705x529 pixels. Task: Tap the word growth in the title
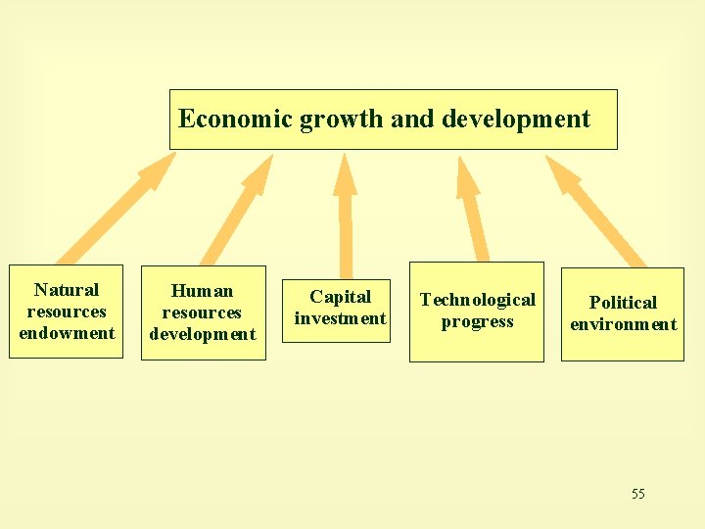(x=342, y=120)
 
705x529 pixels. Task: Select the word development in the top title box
(x=516, y=120)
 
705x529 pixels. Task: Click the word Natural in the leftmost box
(x=67, y=290)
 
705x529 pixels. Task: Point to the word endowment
(x=67, y=333)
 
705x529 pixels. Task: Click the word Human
(x=202, y=291)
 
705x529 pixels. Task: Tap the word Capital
(x=341, y=297)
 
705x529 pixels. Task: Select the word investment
(x=341, y=318)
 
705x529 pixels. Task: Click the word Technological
(x=478, y=300)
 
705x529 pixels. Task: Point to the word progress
(x=477, y=322)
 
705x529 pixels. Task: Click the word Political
(x=623, y=303)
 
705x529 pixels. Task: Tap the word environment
(x=623, y=324)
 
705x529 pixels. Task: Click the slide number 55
(x=638, y=494)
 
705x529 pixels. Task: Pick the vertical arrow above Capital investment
(x=345, y=216)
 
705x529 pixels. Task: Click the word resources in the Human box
(x=202, y=313)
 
